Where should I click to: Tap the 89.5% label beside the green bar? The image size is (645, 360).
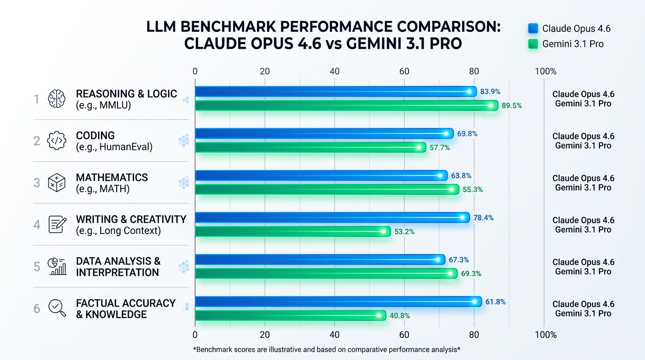tap(511, 105)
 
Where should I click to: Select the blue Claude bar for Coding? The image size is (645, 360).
tap(323, 134)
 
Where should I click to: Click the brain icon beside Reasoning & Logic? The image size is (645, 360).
tap(57, 99)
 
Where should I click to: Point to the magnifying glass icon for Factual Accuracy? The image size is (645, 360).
tap(57, 308)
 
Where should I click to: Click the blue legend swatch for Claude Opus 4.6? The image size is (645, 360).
tap(533, 29)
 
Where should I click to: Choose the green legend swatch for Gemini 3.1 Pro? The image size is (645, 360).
tap(533, 44)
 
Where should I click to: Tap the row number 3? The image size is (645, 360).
tap(37, 183)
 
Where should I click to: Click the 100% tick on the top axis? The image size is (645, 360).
tap(545, 71)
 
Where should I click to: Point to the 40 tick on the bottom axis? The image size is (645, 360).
tap(334, 335)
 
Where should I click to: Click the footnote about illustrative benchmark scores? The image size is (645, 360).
tap(327, 349)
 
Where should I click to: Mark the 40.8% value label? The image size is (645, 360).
tap(400, 316)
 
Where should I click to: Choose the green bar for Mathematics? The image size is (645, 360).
tap(326, 189)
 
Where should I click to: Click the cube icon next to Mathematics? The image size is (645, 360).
tap(57, 183)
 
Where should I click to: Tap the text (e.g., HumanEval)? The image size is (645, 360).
tap(114, 147)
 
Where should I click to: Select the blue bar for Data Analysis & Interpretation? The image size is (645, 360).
tap(319, 260)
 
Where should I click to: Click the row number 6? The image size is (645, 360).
tap(37, 308)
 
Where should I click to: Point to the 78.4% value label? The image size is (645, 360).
tap(483, 217)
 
